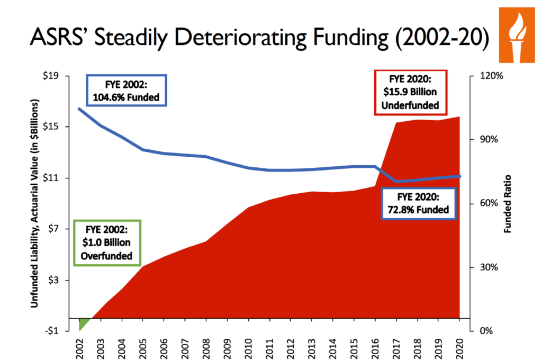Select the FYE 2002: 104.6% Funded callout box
127,91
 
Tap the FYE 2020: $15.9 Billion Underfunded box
411,92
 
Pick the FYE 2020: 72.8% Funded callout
418,203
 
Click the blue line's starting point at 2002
79,109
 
